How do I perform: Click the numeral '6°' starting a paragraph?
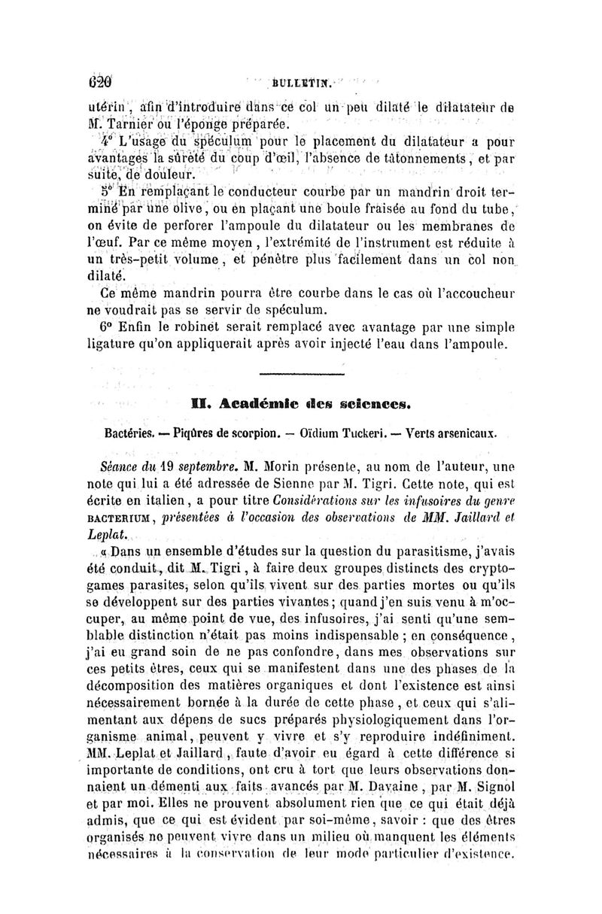pyautogui.click(x=110, y=329)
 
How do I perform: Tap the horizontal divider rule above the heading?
pyautogui.click(x=300, y=373)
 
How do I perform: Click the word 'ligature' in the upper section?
pyautogui.click(x=112, y=346)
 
